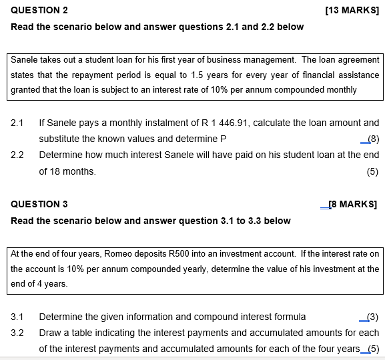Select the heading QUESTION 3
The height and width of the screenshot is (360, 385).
[39, 204]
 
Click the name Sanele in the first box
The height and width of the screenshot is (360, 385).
[25, 60]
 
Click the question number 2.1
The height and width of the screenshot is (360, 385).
[17, 123]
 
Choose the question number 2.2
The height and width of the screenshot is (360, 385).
[17, 155]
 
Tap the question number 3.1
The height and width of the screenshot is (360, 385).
[17, 317]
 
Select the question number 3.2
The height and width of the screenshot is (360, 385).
[17, 332]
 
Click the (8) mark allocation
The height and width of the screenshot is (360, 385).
[373, 139]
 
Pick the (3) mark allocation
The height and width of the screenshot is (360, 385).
[373, 317]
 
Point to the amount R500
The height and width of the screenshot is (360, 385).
[181, 253]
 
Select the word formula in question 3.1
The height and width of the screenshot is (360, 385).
[290, 317]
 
